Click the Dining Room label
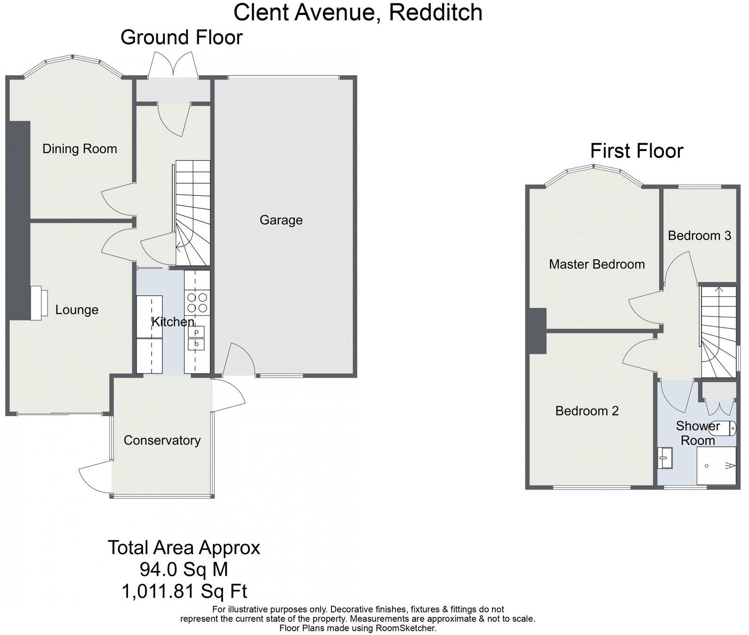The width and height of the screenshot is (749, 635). click(80, 149)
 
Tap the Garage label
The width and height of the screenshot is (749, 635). click(281, 220)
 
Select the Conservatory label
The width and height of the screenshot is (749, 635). click(162, 440)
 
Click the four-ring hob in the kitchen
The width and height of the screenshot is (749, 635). click(197, 303)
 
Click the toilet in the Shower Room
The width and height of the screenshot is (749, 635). click(722, 428)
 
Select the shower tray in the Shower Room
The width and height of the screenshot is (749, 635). click(716, 466)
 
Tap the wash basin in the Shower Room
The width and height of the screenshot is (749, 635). click(665, 458)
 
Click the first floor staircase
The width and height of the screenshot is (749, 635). click(718, 332)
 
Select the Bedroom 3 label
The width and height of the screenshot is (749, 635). click(699, 235)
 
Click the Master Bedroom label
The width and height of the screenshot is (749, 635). click(596, 264)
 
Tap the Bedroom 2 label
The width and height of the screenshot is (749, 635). click(587, 411)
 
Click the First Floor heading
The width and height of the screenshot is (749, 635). click(636, 151)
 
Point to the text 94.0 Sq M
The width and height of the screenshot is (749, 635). click(184, 570)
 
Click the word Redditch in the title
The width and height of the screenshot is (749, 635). click(435, 13)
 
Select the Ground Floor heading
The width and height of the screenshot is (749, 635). click(181, 38)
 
